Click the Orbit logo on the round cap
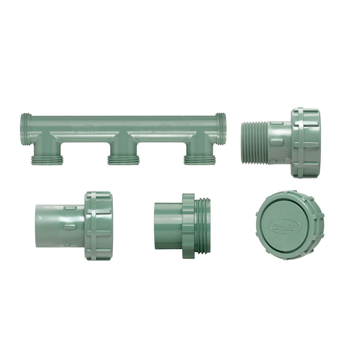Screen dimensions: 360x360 point(285,226)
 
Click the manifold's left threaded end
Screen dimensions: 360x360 point(26,129)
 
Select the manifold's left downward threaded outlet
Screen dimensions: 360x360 point(47,160)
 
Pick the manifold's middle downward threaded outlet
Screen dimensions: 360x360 point(123,160)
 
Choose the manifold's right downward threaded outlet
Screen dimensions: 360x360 point(200,160)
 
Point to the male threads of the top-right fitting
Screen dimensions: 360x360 point(254,143)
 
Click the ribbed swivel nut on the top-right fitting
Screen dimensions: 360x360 point(305,143)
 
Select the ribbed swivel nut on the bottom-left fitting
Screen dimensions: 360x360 point(99,226)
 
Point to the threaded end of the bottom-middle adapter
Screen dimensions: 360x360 point(203,226)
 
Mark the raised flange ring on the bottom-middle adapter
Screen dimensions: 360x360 point(188,226)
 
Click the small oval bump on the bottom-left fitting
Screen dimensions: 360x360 point(70,226)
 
